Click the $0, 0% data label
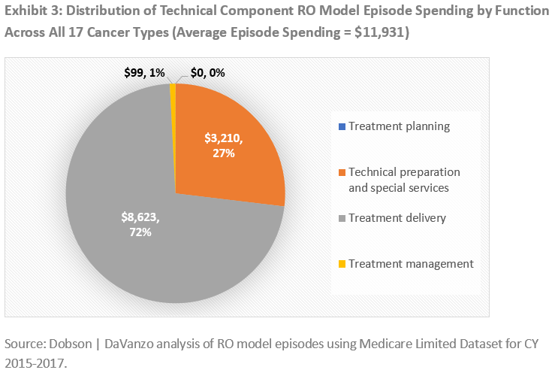207,74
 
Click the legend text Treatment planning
399,126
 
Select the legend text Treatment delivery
397,218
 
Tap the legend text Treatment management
411,264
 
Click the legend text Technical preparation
404,172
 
